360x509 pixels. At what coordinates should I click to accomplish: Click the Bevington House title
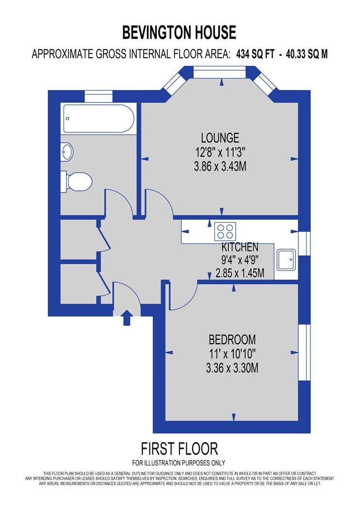(179, 32)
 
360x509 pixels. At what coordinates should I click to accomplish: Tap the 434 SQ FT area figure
(255, 54)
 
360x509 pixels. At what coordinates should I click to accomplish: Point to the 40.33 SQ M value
(307, 54)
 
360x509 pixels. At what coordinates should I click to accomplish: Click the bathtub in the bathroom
(98, 118)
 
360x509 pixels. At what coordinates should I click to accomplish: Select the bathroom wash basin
(67, 152)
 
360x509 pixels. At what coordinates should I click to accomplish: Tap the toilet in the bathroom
(76, 182)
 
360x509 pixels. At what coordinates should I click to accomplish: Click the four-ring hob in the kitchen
(225, 231)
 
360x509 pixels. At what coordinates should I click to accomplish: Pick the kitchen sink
(286, 260)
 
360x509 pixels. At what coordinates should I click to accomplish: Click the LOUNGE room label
(220, 138)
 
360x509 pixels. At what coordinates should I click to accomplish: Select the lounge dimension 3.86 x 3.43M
(220, 167)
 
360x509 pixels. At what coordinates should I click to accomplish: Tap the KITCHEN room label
(240, 247)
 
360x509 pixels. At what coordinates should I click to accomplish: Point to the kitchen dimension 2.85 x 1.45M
(240, 273)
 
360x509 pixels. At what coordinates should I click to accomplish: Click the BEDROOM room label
(232, 339)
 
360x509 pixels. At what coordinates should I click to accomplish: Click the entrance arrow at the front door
(127, 318)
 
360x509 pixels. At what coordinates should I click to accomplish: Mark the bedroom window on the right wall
(304, 352)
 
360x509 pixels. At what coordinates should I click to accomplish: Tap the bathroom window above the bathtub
(98, 96)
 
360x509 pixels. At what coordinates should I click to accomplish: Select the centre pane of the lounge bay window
(219, 72)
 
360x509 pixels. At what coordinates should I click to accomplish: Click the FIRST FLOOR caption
(180, 449)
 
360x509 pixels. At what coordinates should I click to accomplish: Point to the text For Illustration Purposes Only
(179, 463)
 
